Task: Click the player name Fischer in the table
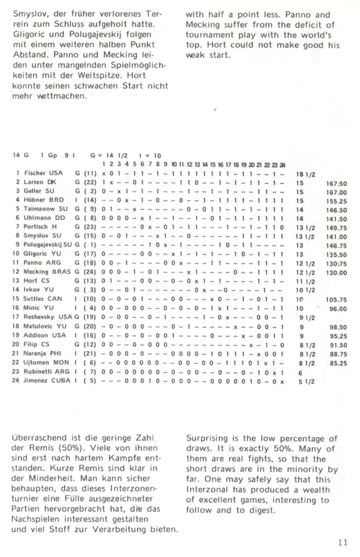tap(35, 173)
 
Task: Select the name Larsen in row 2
tap(34, 182)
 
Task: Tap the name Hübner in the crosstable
tap(35, 200)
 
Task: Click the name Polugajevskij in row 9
tap(43, 245)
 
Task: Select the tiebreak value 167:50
tap(337, 182)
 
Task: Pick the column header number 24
tap(283, 164)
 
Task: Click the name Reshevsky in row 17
tap(40, 318)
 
